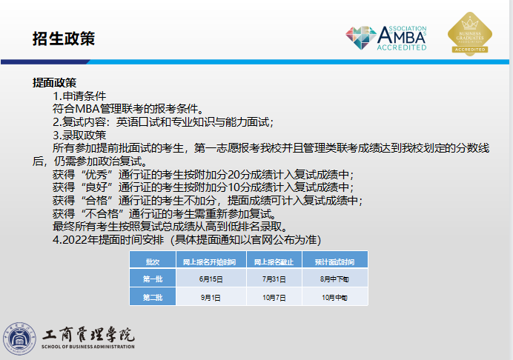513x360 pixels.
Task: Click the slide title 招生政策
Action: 64,38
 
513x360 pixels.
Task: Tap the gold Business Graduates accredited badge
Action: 469,33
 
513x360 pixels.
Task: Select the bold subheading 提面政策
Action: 55,82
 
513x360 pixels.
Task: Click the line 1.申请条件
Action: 79,96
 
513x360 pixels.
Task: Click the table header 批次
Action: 152,262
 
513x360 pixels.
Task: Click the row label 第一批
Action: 152,279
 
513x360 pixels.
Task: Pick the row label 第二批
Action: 152,297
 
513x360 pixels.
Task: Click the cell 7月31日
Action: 274,279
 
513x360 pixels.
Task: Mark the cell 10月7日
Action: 274,297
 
